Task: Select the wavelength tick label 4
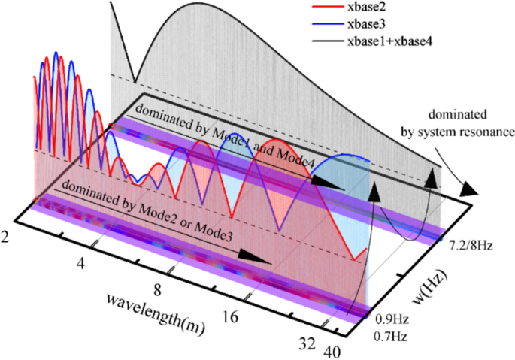(x=81, y=262)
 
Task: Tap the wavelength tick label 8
(x=156, y=289)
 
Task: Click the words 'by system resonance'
(x=452, y=129)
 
